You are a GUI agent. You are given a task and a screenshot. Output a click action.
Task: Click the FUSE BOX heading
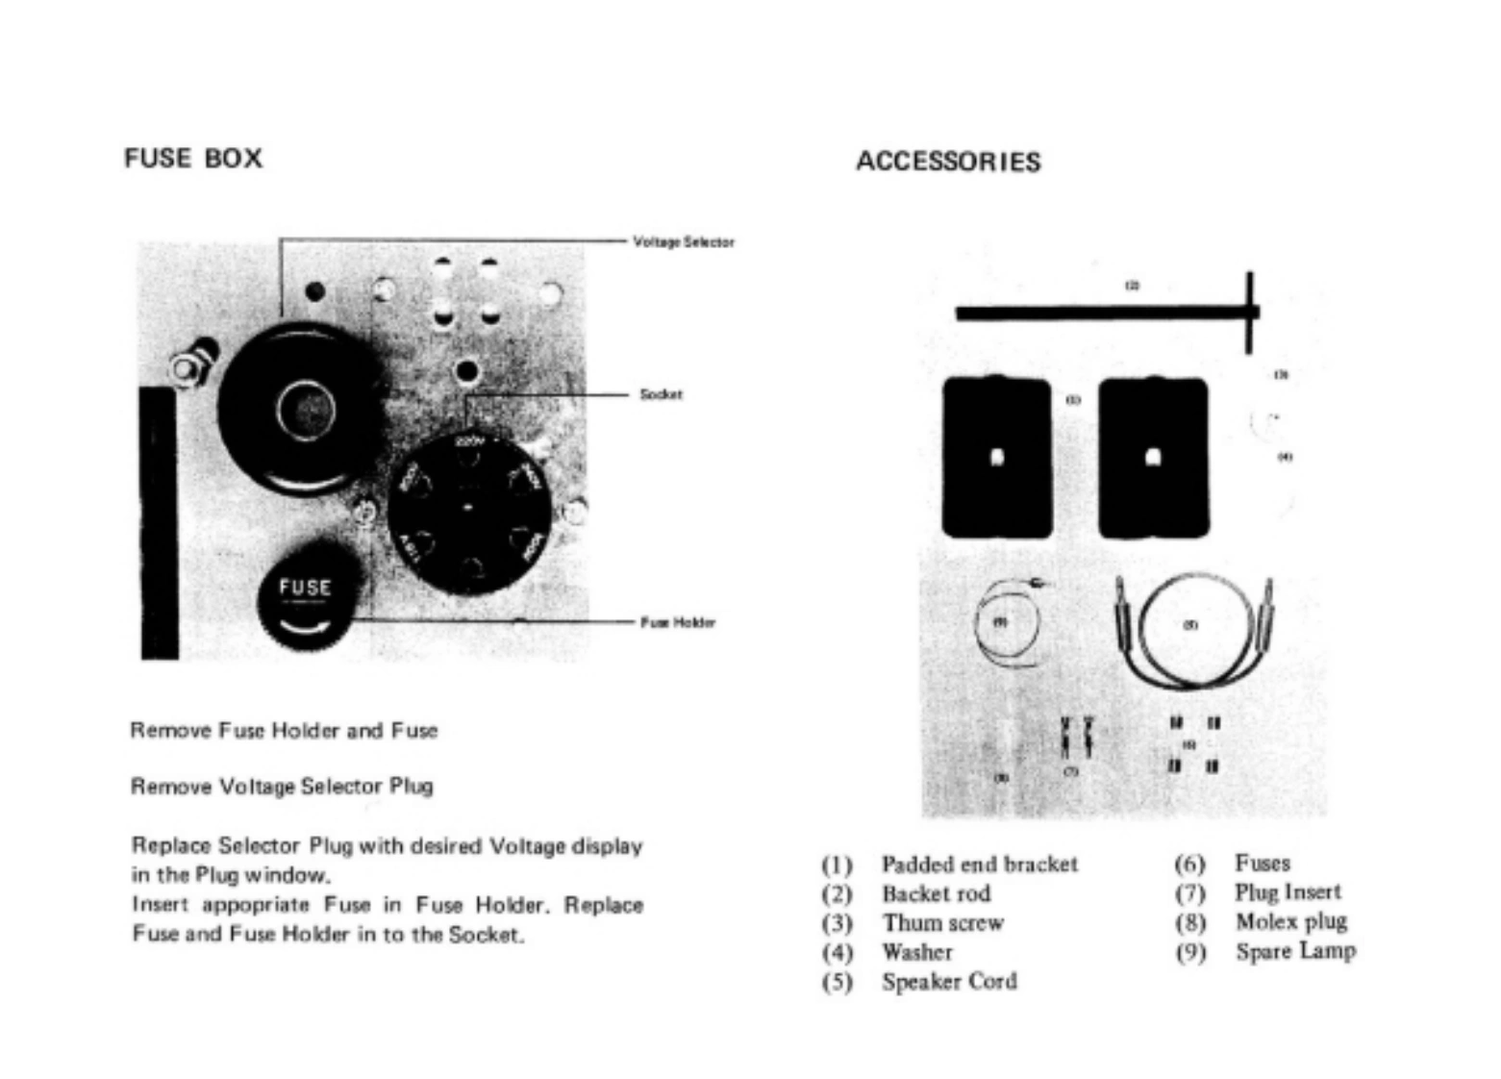click(193, 158)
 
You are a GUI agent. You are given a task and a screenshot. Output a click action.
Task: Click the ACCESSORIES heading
click(948, 161)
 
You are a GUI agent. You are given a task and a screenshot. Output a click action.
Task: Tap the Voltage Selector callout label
click(683, 241)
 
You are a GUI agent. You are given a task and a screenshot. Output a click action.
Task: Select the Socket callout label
click(661, 394)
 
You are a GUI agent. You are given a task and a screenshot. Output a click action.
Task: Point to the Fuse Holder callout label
click(678, 622)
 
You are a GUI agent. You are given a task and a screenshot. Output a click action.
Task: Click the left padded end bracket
click(997, 457)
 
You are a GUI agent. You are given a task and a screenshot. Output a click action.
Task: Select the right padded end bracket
click(1153, 457)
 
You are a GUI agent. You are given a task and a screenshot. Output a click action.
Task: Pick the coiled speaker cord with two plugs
click(1192, 630)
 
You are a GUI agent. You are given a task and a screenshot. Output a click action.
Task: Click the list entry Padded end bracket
click(979, 864)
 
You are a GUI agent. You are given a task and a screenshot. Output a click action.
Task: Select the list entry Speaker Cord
click(949, 981)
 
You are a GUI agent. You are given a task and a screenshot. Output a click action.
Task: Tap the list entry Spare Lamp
click(1295, 951)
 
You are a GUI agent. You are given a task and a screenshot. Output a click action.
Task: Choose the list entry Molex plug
click(1290, 921)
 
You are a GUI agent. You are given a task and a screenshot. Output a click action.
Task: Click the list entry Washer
click(917, 952)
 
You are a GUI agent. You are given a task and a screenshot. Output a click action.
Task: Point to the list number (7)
click(1190, 893)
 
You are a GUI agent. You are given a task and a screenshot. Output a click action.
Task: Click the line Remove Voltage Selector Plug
click(282, 786)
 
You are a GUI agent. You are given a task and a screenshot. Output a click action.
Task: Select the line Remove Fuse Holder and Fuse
click(284, 730)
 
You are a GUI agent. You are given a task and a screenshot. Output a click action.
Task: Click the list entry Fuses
click(1263, 863)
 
